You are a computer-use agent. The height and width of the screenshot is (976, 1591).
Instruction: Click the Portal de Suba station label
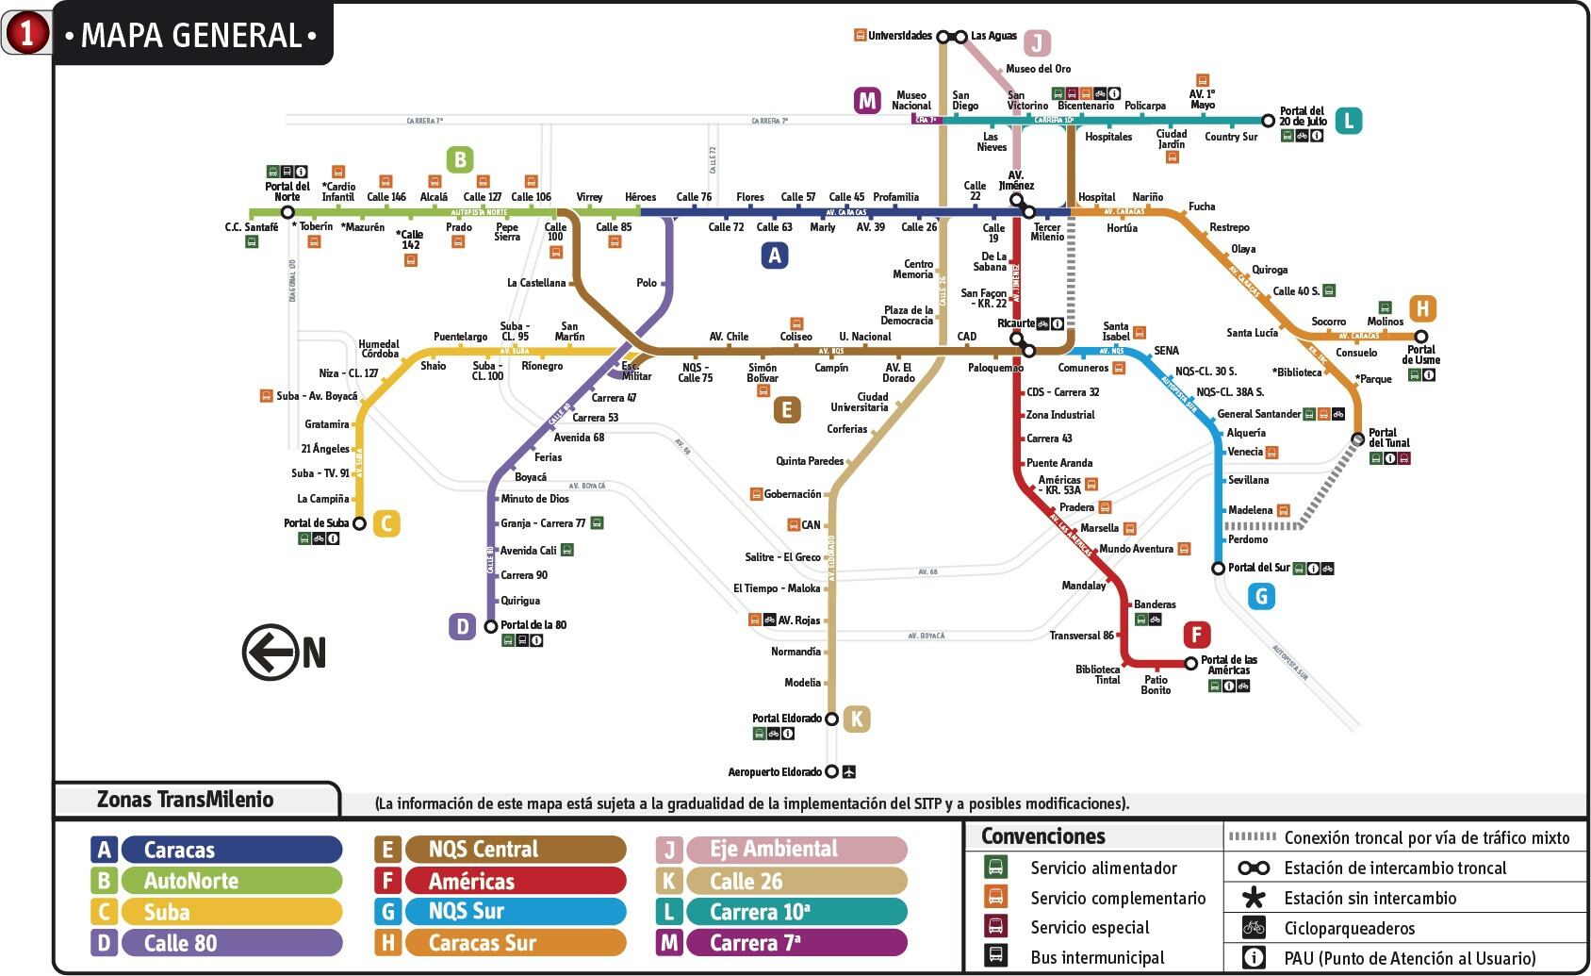[316, 523]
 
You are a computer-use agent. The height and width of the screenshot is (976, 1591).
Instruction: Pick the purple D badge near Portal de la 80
[462, 626]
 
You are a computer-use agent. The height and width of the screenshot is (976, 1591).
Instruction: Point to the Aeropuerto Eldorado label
[774, 772]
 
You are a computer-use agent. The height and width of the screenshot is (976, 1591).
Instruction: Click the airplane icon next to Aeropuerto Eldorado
[849, 771]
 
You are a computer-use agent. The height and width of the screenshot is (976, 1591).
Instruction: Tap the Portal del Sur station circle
[1218, 569]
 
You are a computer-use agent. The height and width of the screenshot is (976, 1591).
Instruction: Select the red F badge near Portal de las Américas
[1196, 635]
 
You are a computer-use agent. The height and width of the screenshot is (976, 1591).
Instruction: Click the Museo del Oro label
[1038, 69]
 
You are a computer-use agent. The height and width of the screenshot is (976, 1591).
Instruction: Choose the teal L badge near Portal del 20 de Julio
[1348, 121]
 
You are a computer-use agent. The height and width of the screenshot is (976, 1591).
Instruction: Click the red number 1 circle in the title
[26, 34]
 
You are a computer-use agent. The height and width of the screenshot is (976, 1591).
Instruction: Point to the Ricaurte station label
[1016, 323]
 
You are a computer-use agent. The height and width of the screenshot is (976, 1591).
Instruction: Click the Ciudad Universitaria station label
[859, 403]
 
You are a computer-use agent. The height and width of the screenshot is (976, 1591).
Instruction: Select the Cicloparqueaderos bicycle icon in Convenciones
[1254, 928]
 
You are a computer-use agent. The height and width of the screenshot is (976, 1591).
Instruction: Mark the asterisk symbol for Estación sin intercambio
[1254, 898]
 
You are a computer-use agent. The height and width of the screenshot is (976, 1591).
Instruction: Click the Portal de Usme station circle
[1420, 337]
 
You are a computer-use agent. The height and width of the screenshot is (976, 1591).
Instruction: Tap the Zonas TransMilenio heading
[185, 800]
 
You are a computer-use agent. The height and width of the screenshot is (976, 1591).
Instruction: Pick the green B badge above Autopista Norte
[460, 159]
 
